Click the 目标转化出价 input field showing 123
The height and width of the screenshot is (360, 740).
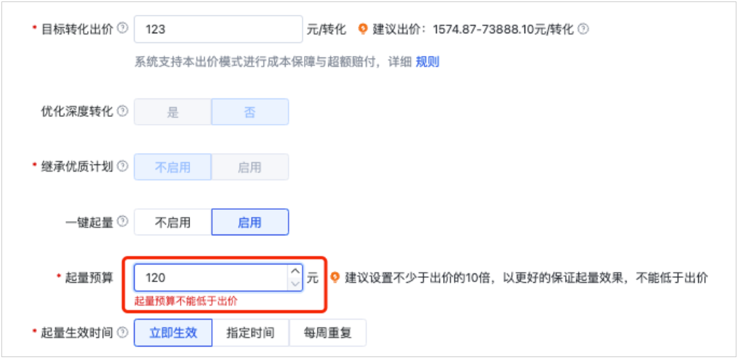click(x=218, y=29)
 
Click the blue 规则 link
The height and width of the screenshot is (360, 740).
click(x=427, y=62)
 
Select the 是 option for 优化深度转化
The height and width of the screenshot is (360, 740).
click(x=173, y=112)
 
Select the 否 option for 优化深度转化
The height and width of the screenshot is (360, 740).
click(x=250, y=112)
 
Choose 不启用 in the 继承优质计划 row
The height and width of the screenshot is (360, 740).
click(x=173, y=167)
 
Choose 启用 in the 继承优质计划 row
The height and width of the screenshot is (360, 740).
click(x=250, y=167)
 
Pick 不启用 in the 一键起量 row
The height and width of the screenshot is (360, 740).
click(x=173, y=222)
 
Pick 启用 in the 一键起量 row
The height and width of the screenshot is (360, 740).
click(x=250, y=222)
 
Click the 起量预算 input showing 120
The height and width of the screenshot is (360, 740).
click(x=209, y=278)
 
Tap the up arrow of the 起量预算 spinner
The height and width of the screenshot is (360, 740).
click(x=295, y=271)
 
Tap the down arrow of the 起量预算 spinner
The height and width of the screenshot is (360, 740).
click(x=295, y=284)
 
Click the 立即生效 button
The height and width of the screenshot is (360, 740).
click(x=173, y=332)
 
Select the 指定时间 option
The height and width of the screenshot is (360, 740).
click(x=250, y=332)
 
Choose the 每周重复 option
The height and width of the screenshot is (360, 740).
click(x=327, y=332)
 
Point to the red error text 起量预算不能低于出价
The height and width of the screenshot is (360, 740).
click(x=186, y=301)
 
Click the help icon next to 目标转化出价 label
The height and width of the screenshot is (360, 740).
click(x=123, y=28)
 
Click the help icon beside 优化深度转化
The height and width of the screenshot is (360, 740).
click(x=123, y=111)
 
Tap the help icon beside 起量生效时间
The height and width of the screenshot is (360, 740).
click(x=123, y=332)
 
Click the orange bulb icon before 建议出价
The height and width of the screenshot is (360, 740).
click(x=363, y=29)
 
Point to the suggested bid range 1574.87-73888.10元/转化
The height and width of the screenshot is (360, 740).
click(x=503, y=29)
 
